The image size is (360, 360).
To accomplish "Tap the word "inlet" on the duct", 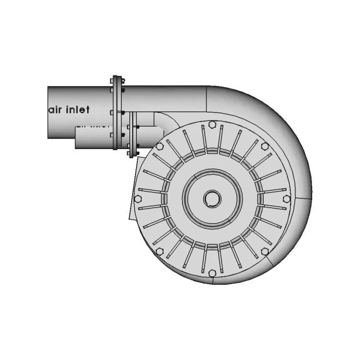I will pos(79,110).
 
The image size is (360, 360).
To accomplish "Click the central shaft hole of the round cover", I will pos(212,198).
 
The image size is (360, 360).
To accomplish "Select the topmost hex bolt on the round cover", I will pos(211,124).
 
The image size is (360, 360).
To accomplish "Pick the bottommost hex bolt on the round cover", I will pos(212,273).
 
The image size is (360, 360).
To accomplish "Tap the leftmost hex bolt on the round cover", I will pos(138,199).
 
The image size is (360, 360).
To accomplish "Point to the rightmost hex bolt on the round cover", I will pos(287,199).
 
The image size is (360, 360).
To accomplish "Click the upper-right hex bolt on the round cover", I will pos(265,146).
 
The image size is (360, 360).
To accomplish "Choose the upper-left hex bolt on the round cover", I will pos(160,146).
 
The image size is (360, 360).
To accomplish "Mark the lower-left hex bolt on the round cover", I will pos(159,251).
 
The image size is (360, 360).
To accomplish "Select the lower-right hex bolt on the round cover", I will pos(265,251).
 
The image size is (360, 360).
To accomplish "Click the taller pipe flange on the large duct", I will pos(116,112).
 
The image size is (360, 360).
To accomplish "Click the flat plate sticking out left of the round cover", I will pos(134,186).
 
